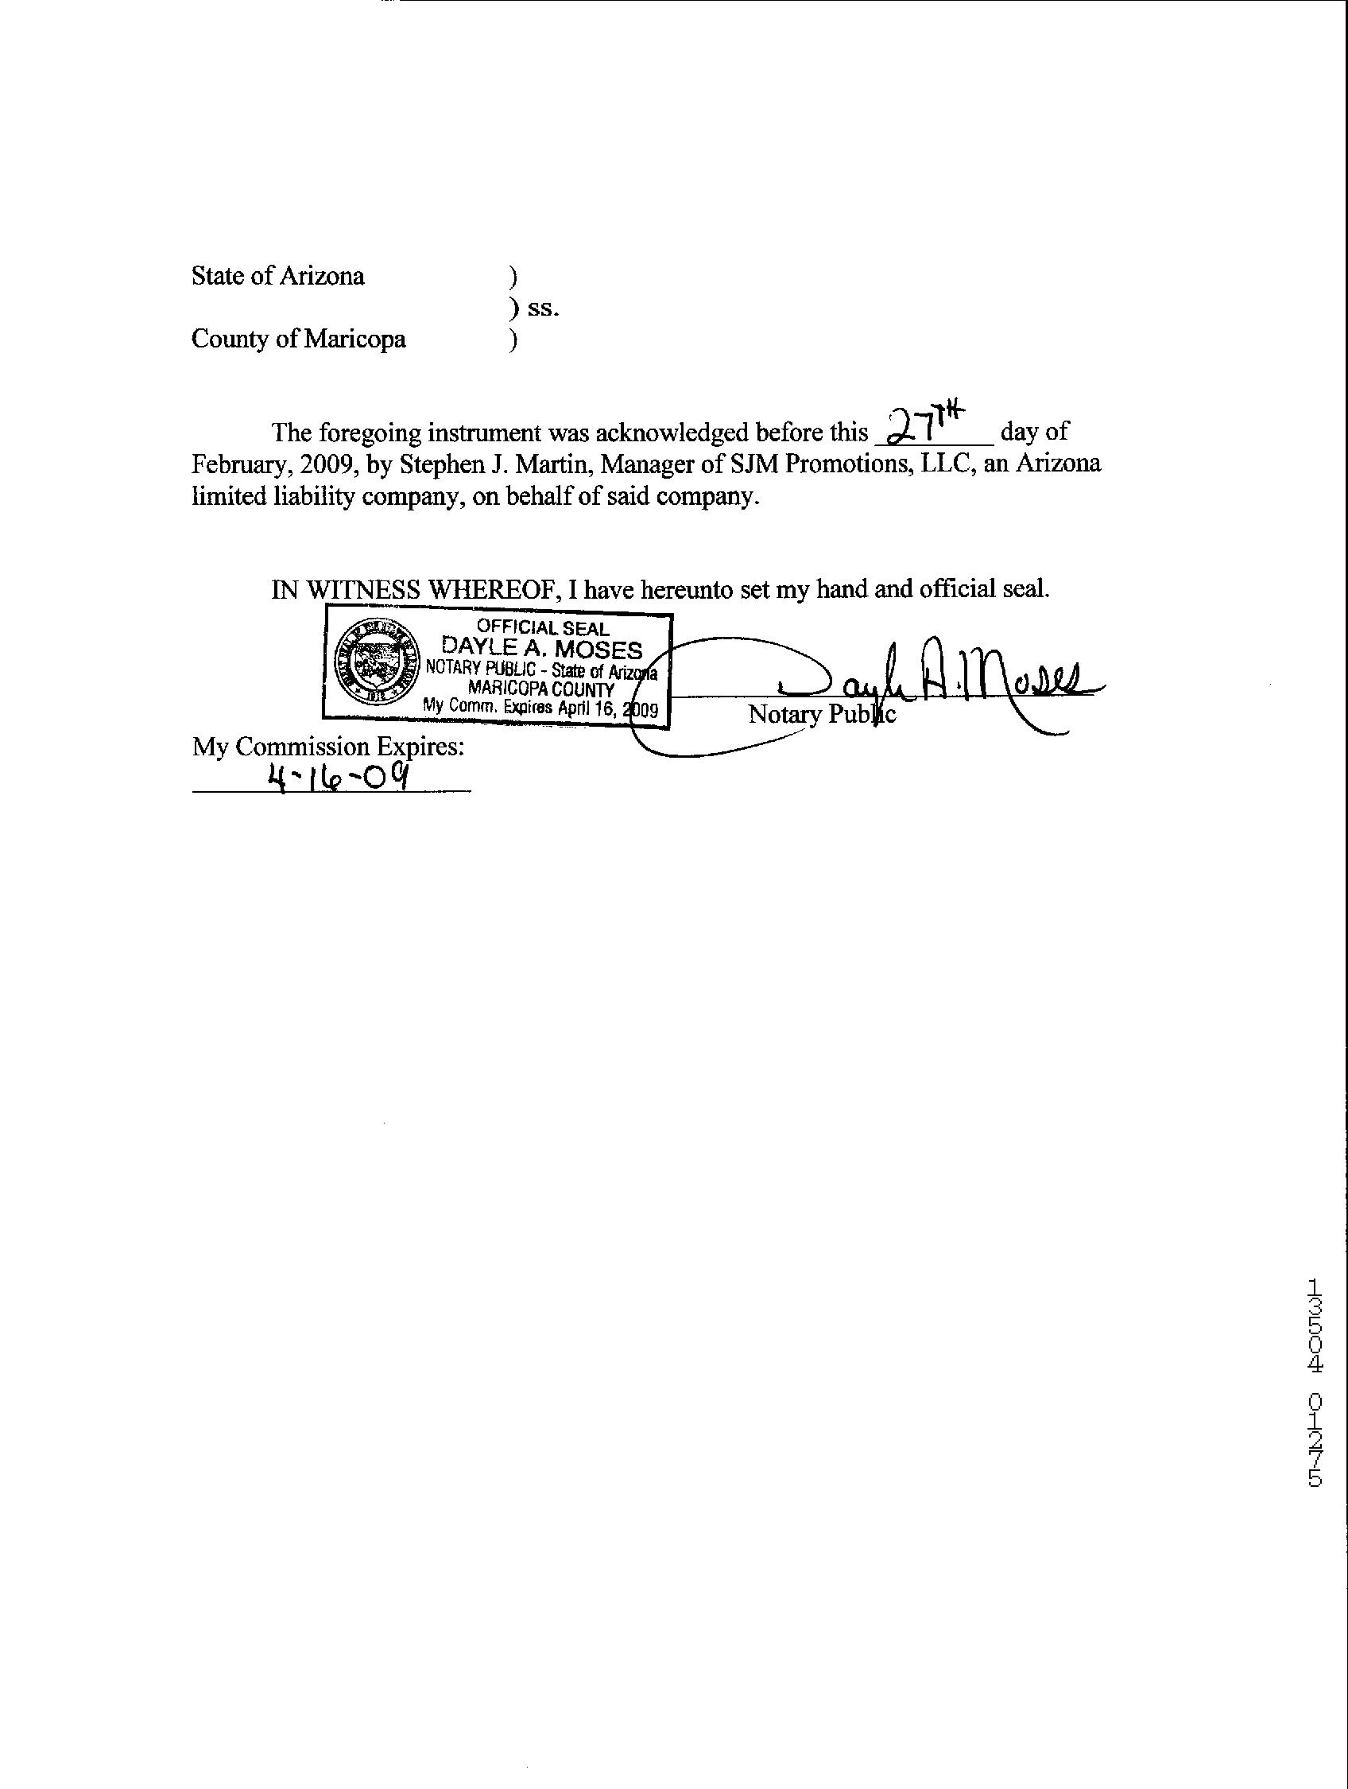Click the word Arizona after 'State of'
pos(322,277)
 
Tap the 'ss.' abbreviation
pos(543,309)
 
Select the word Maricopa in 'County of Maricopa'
pos(355,339)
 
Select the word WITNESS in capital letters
pos(365,589)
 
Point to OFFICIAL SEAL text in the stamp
pos(543,627)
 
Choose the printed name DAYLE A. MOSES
pos(541,649)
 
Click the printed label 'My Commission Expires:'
pos(328,746)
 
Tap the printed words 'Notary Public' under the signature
pos(822,714)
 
